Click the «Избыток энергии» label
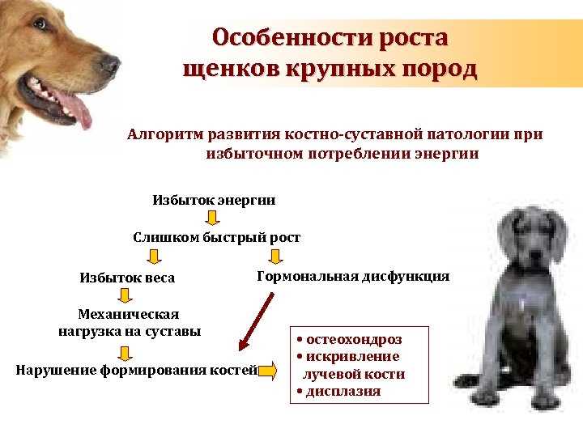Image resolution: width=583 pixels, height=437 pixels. click(214, 199)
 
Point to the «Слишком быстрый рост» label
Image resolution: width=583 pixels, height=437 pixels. click(216, 237)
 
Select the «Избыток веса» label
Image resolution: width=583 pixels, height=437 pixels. click(127, 278)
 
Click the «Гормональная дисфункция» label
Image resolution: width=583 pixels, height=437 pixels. click(353, 276)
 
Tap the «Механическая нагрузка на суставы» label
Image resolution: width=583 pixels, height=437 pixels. click(130, 322)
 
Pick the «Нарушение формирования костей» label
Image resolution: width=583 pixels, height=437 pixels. click(136, 371)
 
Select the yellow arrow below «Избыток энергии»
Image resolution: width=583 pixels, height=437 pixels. click(212, 218)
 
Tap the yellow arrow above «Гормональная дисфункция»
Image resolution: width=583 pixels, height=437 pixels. click(275, 257)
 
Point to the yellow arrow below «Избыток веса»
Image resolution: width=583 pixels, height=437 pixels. click(126, 296)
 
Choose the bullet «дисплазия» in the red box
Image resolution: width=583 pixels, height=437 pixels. click(342, 392)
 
